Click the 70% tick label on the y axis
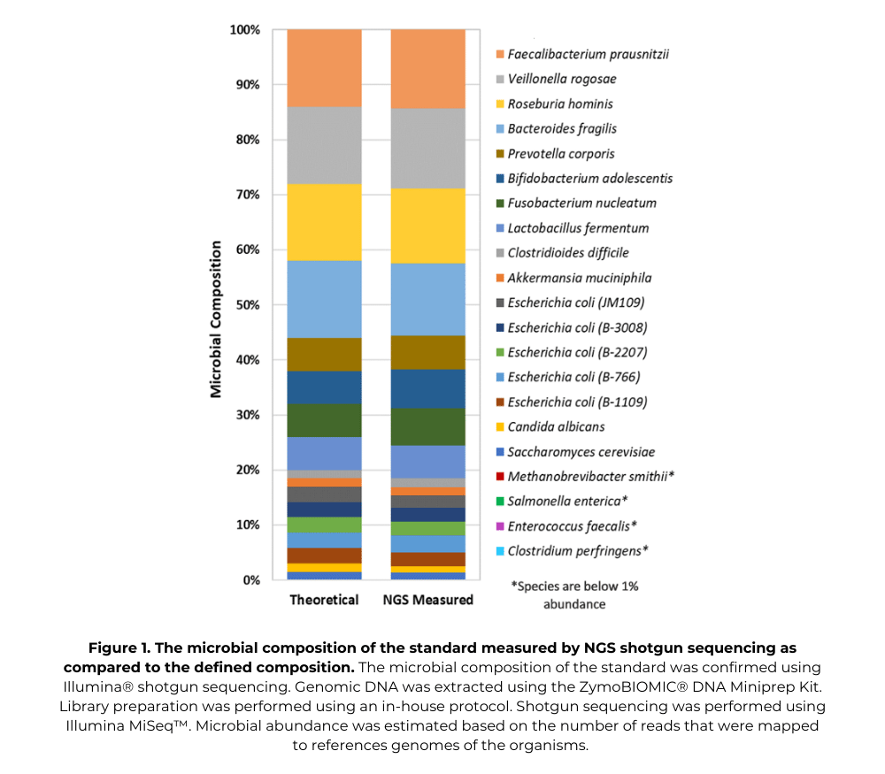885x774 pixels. point(244,195)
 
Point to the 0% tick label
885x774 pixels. point(248,580)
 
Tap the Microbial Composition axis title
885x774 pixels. point(216,305)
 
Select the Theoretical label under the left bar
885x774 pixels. point(324,600)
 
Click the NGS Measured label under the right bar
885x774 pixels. point(427,600)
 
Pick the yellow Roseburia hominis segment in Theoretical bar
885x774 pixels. point(324,222)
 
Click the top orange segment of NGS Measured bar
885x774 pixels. point(427,68)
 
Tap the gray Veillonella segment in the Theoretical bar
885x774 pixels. point(324,145)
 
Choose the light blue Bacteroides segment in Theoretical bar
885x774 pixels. point(324,299)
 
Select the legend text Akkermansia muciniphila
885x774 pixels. point(573,278)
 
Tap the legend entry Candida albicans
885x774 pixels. point(556,426)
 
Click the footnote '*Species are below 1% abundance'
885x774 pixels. point(574,594)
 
